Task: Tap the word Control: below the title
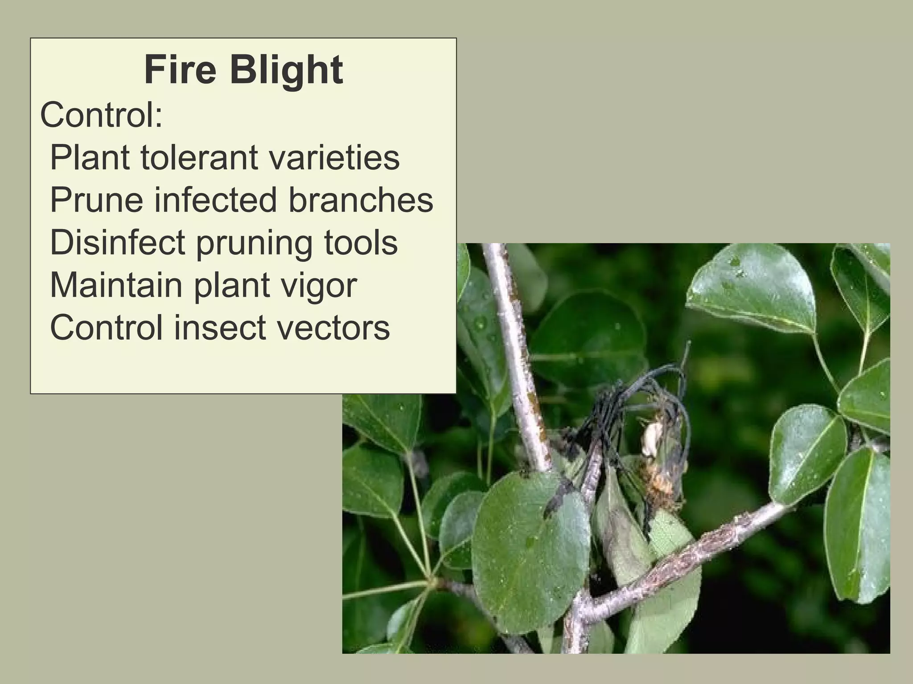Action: [x=101, y=114]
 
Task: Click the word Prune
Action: [x=96, y=199]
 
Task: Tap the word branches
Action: [x=361, y=199]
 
